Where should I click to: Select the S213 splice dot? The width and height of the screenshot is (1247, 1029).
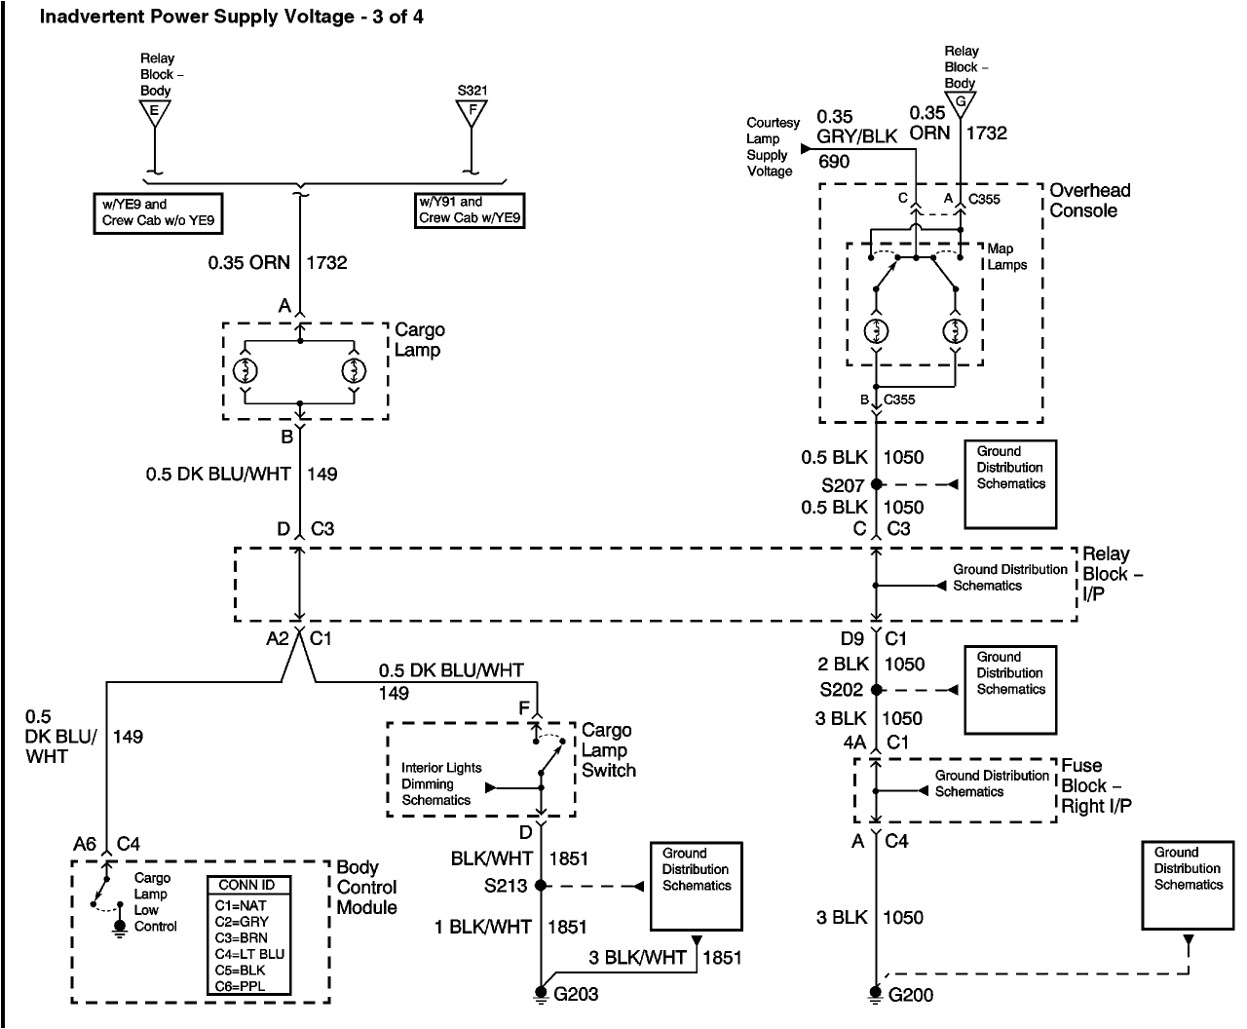click(541, 886)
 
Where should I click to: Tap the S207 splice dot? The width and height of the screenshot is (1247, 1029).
click(876, 484)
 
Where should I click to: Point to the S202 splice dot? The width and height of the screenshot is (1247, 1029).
click(876, 690)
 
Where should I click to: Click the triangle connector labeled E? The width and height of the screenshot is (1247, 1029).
click(154, 112)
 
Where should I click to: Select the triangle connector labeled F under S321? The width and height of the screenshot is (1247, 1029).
click(472, 112)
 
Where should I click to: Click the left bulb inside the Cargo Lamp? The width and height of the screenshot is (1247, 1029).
click(246, 370)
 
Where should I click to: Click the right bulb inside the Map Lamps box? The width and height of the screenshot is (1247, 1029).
click(955, 330)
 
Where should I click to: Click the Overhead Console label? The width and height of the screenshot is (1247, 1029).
click(1083, 201)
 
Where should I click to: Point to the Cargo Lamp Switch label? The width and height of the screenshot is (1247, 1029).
click(608, 750)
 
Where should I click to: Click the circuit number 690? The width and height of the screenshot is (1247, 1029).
click(834, 162)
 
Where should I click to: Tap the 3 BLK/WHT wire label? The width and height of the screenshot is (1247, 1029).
click(637, 958)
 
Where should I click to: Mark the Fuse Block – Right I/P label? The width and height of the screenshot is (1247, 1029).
click(1095, 785)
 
